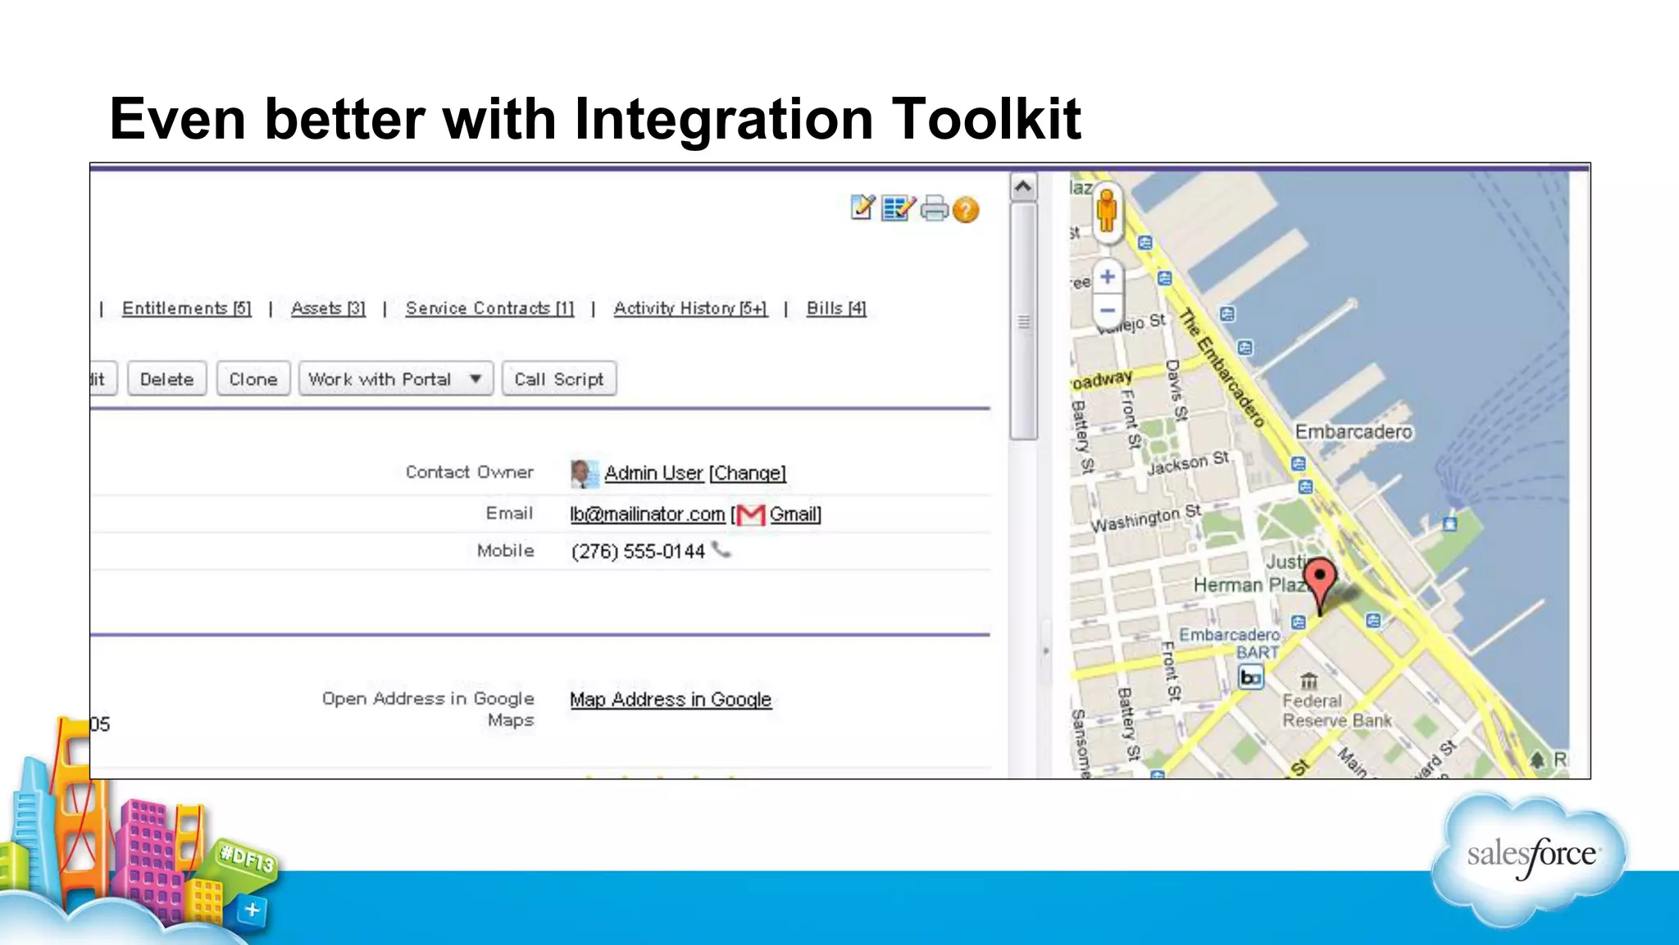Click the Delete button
pyautogui.click(x=166, y=379)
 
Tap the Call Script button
pyautogui.click(x=559, y=379)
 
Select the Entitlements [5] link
pyautogui.click(x=186, y=308)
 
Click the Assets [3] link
pyautogui.click(x=328, y=308)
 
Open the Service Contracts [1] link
pyautogui.click(x=489, y=308)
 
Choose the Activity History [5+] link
pyautogui.click(x=690, y=308)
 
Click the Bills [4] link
pyautogui.click(x=836, y=308)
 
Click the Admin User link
pyautogui.click(x=653, y=473)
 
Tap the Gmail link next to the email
pyautogui.click(x=794, y=514)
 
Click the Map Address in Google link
pyautogui.click(x=671, y=700)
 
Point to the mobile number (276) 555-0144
pyautogui.click(x=638, y=551)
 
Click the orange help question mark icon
pyautogui.click(x=967, y=210)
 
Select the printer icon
pyautogui.click(x=934, y=209)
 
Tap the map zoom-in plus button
pyautogui.click(x=1108, y=276)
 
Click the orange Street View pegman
pyautogui.click(x=1107, y=210)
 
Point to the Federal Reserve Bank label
pyautogui.click(x=1336, y=710)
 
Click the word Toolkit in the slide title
pyautogui.click(x=985, y=119)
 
